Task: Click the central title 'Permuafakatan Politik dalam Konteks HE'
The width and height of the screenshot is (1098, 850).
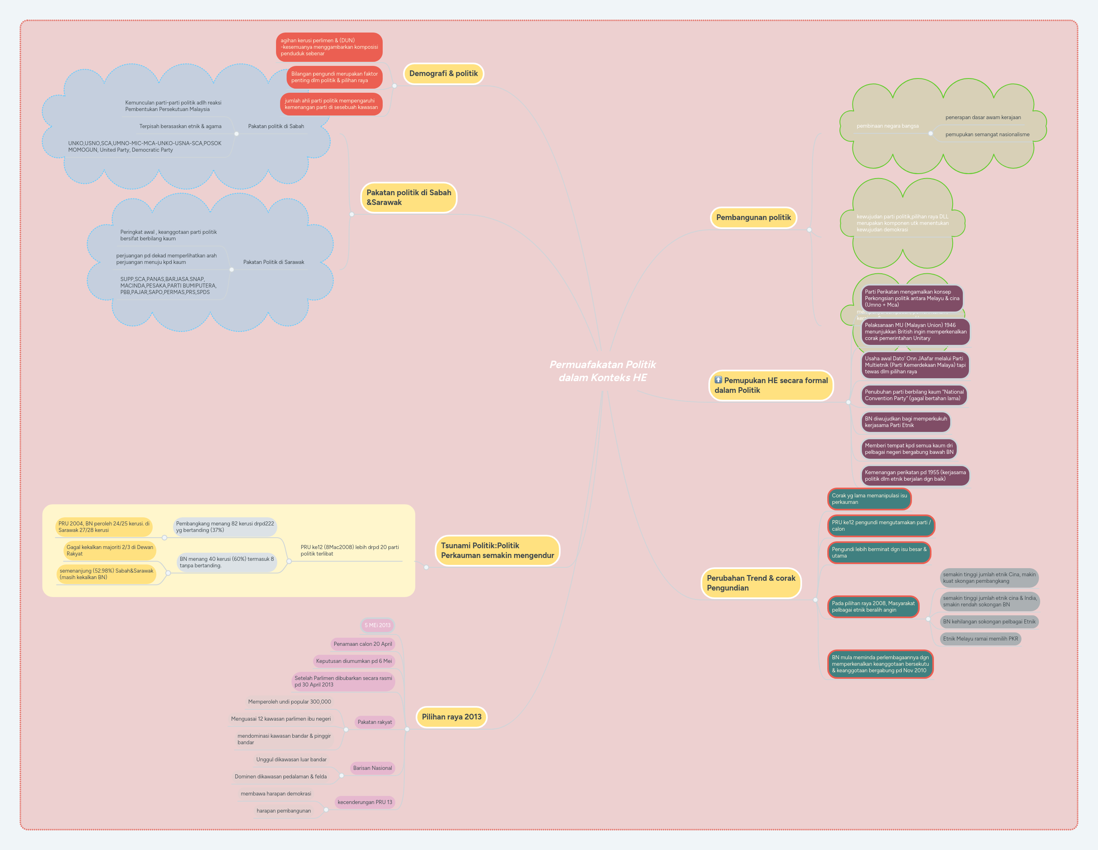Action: coord(602,371)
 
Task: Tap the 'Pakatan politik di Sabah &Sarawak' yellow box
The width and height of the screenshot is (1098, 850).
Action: coord(408,197)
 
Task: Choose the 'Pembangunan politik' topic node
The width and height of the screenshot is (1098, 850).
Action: coord(753,218)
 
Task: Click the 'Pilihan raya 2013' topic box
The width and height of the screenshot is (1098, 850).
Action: coord(451,717)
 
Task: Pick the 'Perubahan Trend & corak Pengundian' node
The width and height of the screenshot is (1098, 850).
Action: coord(751,583)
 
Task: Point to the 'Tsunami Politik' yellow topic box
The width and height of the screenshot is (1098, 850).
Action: coord(497,551)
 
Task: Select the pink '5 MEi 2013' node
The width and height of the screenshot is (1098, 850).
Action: coord(377,626)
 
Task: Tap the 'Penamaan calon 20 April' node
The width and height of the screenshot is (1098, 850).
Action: coord(362,644)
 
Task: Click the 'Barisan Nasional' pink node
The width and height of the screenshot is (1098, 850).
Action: coord(372,768)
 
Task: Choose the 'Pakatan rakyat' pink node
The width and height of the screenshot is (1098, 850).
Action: coord(375,722)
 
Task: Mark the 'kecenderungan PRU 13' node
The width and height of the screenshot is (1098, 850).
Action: coord(364,802)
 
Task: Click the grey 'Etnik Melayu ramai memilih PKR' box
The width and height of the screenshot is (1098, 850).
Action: coord(980,639)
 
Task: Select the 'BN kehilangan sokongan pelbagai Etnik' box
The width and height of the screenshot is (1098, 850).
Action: coord(988,622)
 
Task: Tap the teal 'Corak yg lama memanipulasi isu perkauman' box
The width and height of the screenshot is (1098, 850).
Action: coord(869,499)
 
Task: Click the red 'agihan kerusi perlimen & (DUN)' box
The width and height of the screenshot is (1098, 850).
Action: coord(329,47)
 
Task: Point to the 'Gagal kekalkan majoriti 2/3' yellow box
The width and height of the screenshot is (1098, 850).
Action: coord(110,551)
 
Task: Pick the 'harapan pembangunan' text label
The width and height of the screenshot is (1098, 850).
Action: coord(283,811)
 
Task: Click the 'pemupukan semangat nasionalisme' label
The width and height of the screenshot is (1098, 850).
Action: coord(987,135)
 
